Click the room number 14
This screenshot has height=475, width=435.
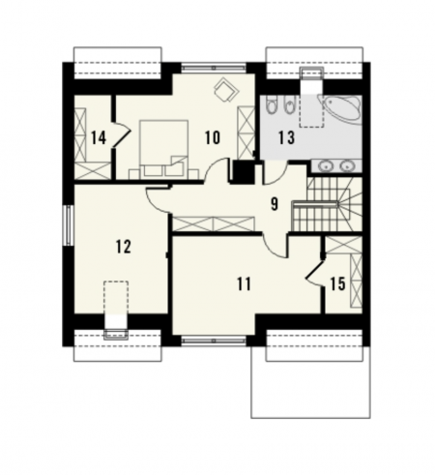pos(99,138)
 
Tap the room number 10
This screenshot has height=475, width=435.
pos(213,137)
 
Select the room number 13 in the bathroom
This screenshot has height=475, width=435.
pos(286,137)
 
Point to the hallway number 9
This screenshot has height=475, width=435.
pos(275,204)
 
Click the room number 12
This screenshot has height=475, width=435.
pos(124,247)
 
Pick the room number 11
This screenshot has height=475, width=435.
pos(244,284)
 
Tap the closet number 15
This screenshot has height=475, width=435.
pos(337,284)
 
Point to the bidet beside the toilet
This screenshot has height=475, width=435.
pos(290,104)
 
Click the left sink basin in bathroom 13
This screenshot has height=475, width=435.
pos(325,166)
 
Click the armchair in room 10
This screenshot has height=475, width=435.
pos(225,89)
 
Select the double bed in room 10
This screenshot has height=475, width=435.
pos(164,148)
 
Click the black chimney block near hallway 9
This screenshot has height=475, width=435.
pos(243,171)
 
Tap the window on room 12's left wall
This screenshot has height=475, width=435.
pos(69,225)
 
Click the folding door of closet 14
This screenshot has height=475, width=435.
pos(121,134)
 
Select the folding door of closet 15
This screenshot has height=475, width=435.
pos(315,271)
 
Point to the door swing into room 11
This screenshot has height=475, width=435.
pos(275,245)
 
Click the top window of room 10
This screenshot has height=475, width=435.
pos(214,68)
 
